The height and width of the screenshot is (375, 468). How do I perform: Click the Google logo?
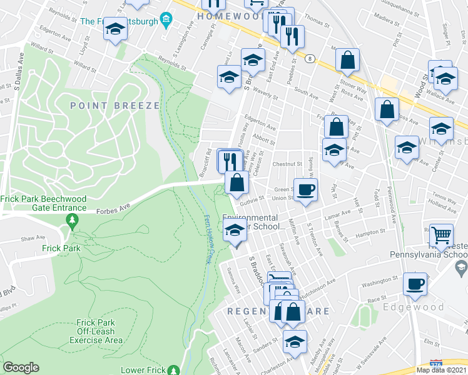21,367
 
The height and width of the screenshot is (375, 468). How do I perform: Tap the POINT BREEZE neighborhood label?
115,106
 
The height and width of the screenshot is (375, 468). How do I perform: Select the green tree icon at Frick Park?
73,220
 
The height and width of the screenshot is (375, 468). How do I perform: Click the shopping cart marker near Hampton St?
442,234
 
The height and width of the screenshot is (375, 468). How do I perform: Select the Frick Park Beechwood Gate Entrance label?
44,203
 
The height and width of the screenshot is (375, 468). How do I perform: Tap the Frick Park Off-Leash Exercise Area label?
96,331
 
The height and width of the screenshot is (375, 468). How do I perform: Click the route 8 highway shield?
310,59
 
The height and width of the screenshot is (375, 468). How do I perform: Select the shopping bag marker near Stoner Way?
348,60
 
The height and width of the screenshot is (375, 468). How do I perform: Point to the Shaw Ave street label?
33,238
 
